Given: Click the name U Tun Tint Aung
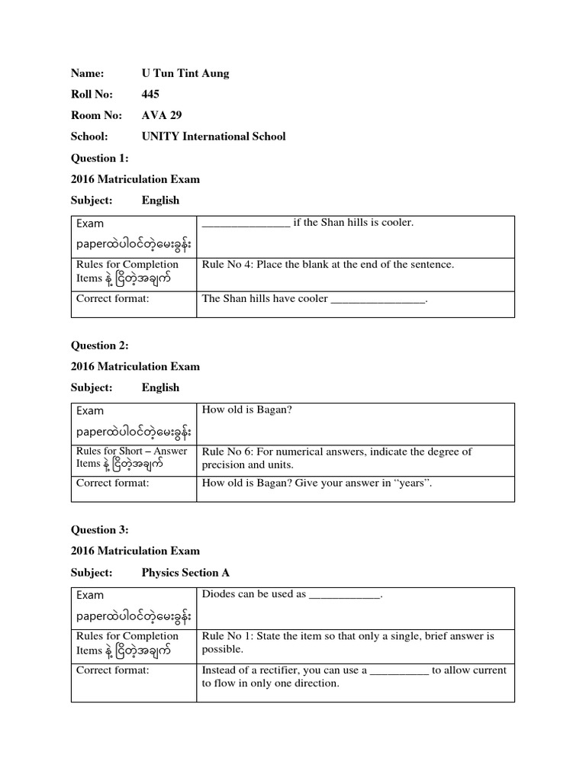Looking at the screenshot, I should (x=185, y=73).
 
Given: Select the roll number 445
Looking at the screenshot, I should (x=150, y=95).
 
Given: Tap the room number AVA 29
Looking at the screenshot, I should (x=162, y=115).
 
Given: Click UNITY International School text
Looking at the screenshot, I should (x=213, y=137).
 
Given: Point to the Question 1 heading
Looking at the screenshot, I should (x=100, y=158).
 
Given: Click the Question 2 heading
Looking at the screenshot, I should (x=100, y=346).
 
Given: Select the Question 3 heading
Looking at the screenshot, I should (x=100, y=530).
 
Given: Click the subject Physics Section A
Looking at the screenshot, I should (x=185, y=572).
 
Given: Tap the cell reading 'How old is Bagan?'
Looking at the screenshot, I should (x=247, y=410).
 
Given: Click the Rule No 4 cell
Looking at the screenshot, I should (x=327, y=265).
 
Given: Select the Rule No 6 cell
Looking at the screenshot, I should (x=336, y=458).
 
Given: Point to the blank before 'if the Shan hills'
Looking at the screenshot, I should (x=246, y=223).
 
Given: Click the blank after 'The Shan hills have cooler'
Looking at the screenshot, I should (x=378, y=299).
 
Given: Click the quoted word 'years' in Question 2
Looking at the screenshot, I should (x=398, y=483).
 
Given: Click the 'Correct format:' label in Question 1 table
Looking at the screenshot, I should (x=112, y=299).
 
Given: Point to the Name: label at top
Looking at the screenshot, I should (x=87, y=73).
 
